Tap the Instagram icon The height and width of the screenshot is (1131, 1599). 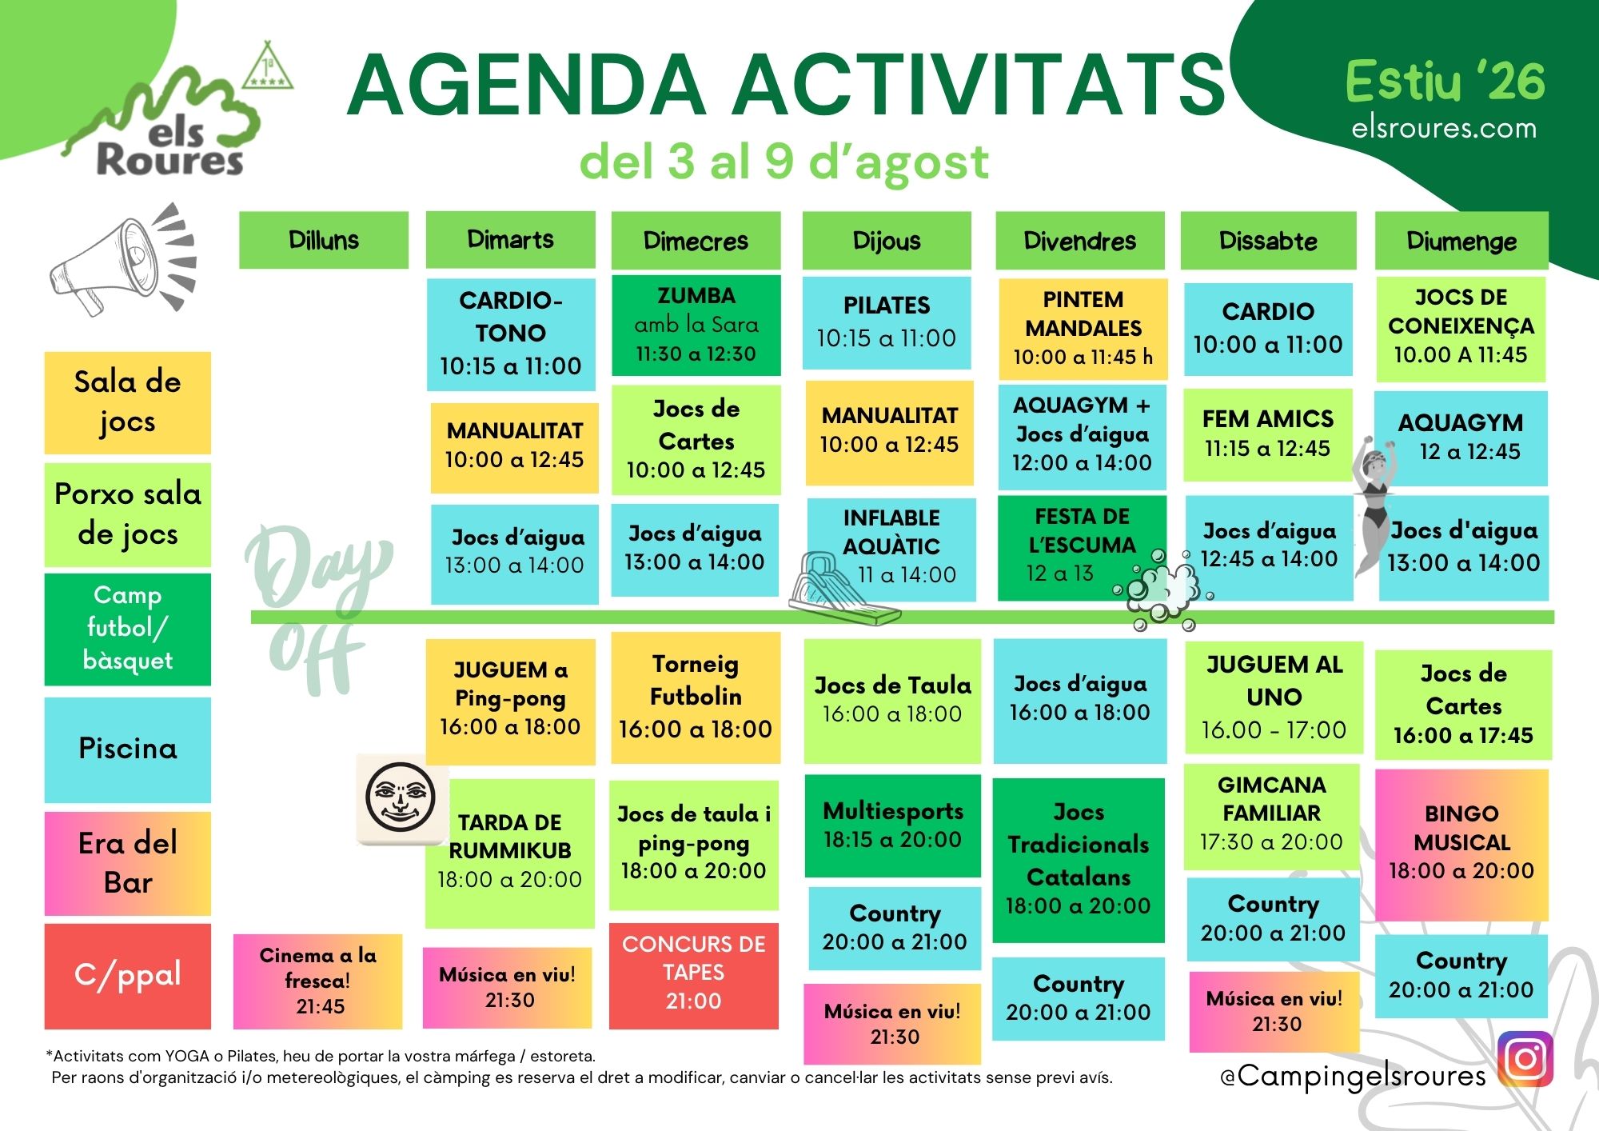pos(1525,1059)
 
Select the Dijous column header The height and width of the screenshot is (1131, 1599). pos(887,240)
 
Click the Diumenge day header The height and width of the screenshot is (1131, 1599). pos(1461,240)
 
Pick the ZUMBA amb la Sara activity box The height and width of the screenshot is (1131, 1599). pos(696,325)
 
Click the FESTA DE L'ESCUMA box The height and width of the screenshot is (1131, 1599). pos(1082,548)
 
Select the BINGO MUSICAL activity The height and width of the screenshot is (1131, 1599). pos(1461,845)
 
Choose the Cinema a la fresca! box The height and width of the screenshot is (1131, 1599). pos(317,981)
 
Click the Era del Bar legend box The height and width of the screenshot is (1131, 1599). pos(127,863)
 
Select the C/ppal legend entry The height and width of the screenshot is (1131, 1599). pos(127,976)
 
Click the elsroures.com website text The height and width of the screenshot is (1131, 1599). pos(1444,128)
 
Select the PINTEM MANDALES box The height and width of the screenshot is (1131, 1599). pos(1083,328)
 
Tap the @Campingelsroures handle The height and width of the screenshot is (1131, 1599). pos(1353,1077)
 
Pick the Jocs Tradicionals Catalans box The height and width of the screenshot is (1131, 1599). pos(1079,860)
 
